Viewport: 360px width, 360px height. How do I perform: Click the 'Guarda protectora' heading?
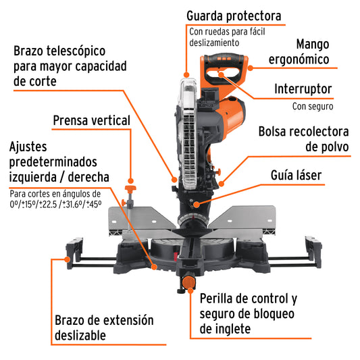pyautogui.click(x=234, y=15)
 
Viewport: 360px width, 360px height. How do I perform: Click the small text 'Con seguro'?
pyautogui.click(x=313, y=106)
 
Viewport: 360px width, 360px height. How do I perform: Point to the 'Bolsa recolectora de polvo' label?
pyautogui.click(x=303, y=138)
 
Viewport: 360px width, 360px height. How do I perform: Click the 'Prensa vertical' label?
pyautogui.click(x=91, y=120)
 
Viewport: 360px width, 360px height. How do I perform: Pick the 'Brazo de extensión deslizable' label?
pyautogui.click(x=104, y=327)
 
